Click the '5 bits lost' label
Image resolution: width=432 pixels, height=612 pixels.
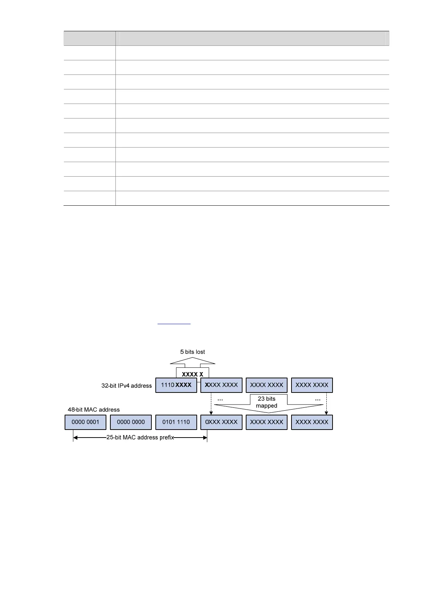coord(192,352)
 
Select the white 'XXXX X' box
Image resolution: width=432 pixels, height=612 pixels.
coord(192,374)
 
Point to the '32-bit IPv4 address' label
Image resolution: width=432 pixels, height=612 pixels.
coord(126,386)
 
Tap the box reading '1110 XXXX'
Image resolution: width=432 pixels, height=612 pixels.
coord(176,385)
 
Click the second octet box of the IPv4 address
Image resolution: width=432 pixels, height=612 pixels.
coord(221,385)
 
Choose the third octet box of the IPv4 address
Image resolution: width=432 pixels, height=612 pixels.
coord(266,385)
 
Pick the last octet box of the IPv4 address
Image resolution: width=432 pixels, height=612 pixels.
coord(312,385)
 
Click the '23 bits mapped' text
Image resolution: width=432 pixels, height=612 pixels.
coord(266,402)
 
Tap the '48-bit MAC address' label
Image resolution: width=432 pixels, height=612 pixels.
coord(94,410)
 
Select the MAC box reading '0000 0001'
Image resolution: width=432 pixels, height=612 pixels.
coord(85,422)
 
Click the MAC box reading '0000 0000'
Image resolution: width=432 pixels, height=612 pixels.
coord(131,422)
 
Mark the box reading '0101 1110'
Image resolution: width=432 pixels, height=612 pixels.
coord(176,422)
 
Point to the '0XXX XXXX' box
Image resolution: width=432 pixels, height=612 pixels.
coord(221,422)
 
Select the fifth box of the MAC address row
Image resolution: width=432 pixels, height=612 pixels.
coord(266,422)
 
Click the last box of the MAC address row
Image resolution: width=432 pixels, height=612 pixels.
coord(312,422)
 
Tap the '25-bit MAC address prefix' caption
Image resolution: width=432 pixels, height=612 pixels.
coord(140,438)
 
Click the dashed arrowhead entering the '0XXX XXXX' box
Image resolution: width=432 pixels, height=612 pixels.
coord(211,413)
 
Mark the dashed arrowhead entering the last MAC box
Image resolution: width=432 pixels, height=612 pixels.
coord(326,413)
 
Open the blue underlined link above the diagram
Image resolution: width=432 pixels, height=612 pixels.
coord(174,323)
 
